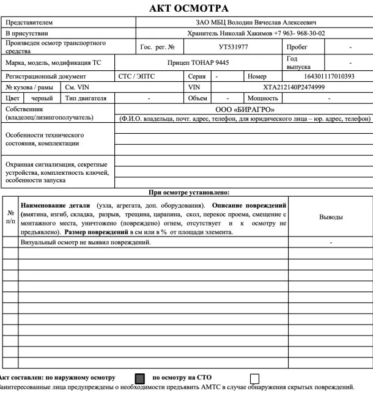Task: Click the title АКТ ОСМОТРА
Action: coord(186,9)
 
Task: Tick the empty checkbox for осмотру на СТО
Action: coord(255,376)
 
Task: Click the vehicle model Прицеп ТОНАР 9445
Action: coord(198,62)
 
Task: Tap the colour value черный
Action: coord(42,98)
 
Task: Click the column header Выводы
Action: coord(331,217)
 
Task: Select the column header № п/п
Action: coord(10,217)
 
